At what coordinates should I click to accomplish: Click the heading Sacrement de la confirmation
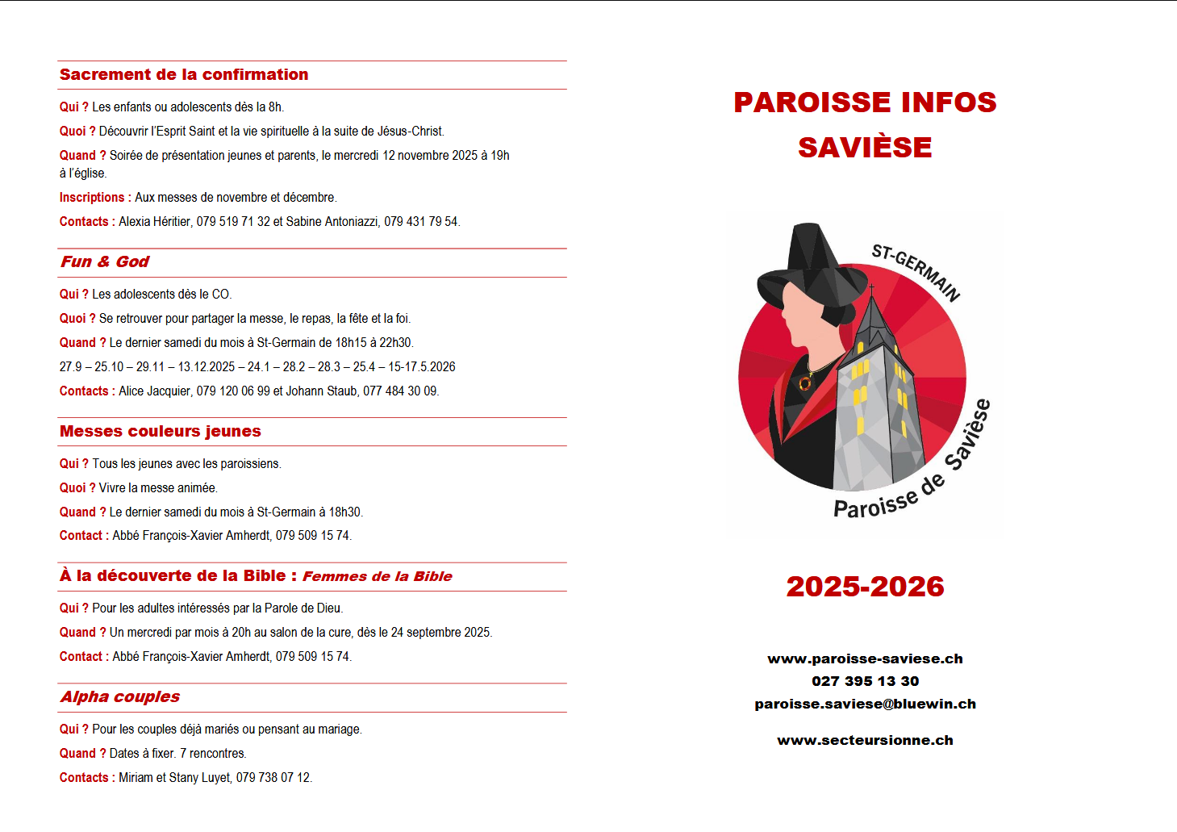tap(184, 75)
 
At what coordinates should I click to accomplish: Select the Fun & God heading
tap(105, 262)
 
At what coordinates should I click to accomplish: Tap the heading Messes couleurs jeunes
tap(161, 432)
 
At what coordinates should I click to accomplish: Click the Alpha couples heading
tap(120, 697)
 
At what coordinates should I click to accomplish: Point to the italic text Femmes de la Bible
tap(377, 577)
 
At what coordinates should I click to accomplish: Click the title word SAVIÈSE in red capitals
tap(865, 148)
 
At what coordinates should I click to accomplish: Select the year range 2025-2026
tap(865, 587)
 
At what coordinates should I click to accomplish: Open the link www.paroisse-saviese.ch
tap(865, 659)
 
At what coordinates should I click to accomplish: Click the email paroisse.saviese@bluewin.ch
tap(865, 704)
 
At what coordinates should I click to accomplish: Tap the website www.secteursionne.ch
tap(865, 741)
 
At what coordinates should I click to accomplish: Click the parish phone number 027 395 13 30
tap(865, 682)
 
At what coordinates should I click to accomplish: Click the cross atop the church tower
tap(871, 288)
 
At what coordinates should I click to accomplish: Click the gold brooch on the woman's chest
tap(805, 383)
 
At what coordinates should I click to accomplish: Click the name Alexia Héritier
tap(154, 222)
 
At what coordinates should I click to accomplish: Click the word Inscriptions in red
tap(92, 198)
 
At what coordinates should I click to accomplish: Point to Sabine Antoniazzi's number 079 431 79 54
tap(420, 222)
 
